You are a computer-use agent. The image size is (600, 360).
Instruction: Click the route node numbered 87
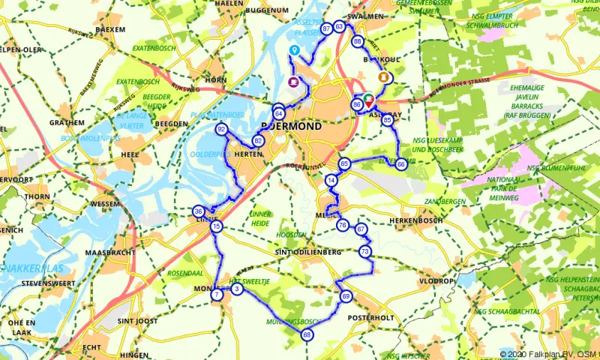coord(326,28)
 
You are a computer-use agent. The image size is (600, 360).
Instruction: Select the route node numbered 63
coord(340,27)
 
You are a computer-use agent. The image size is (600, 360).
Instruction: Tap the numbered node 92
coord(221,130)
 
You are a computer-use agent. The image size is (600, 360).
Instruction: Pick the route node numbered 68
coord(307,334)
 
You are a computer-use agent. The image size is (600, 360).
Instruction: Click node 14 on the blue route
coord(331,181)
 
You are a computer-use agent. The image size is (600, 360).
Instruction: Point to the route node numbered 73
coord(364,250)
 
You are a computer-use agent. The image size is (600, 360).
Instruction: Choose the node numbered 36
coord(198,211)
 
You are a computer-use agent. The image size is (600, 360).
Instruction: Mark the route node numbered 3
coord(236,289)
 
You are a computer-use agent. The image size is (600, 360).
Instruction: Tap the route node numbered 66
coord(401,163)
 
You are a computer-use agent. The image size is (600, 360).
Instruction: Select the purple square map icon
coord(292,82)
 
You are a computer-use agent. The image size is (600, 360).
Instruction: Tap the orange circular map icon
coord(385,76)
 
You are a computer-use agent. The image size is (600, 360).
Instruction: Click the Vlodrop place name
coord(437,281)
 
